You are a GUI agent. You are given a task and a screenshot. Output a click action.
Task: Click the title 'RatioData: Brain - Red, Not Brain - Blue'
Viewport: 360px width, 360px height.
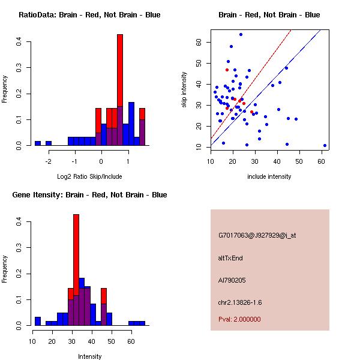click(x=89, y=15)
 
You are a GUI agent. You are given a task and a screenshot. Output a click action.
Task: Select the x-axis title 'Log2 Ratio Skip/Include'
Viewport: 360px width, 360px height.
click(x=89, y=177)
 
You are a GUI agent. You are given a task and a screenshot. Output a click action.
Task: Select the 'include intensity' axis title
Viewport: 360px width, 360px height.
click(x=269, y=177)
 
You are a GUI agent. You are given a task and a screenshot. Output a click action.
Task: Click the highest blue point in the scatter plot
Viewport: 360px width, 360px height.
click(x=241, y=34)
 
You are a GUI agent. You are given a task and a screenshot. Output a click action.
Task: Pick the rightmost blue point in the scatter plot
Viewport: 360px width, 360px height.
click(x=325, y=145)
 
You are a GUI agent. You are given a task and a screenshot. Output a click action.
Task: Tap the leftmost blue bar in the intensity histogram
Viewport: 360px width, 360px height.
click(x=37, y=321)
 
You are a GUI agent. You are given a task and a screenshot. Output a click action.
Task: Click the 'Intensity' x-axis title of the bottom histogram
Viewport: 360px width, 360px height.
click(x=89, y=356)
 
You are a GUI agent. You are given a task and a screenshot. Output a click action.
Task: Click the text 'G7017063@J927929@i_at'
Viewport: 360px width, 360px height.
click(x=257, y=235)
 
